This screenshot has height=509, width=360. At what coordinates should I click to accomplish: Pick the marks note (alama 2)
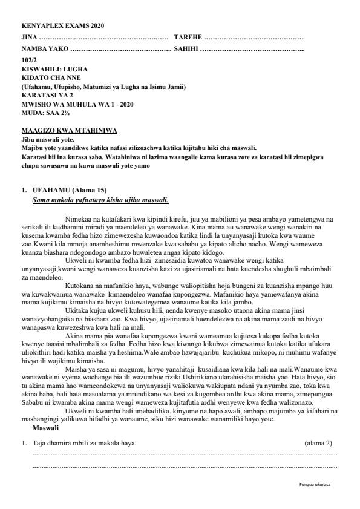[x=318, y=444]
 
